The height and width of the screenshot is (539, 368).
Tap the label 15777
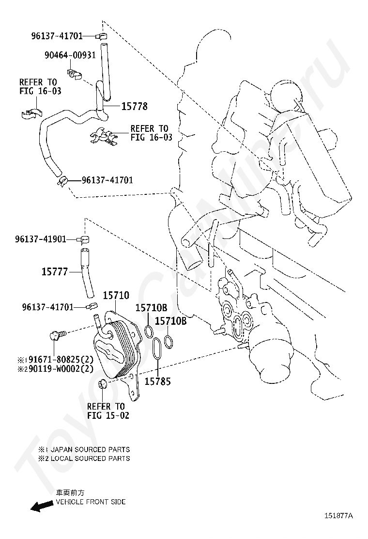pyautogui.click(x=54, y=272)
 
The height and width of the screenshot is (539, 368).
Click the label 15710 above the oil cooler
pyautogui.click(x=116, y=295)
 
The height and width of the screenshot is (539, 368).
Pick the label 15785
pyautogui.click(x=158, y=381)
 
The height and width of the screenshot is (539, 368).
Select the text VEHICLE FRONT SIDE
pyautogui.click(x=91, y=502)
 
